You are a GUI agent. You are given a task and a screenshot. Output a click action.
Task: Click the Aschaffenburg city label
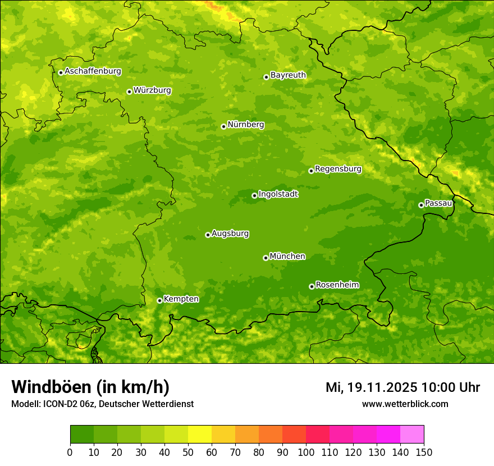[x=93, y=71]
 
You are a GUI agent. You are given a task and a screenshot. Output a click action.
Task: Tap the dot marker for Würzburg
[x=129, y=92]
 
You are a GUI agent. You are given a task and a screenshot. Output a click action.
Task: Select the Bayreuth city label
[x=288, y=75]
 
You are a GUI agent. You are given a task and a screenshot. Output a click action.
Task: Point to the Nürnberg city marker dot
[x=223, y=126]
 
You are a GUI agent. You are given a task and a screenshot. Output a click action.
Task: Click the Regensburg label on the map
[x=338, y=169]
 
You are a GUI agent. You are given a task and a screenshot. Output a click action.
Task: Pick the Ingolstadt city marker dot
[x=254, y=195]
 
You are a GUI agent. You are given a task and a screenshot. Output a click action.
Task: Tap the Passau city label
[x=438, y=203]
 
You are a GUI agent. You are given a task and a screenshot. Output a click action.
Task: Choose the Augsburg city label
[x=230, y=234]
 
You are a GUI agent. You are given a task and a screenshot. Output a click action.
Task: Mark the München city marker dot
[x=266, y=258]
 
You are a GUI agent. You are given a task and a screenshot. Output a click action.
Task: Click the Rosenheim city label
[x=337, y=285]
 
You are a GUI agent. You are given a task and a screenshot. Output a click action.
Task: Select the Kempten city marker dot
[x=159, y=300]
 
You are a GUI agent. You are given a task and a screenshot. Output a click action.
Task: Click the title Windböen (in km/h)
[x=90, y=387]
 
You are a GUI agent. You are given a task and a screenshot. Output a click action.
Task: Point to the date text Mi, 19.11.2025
[x=371, y=387]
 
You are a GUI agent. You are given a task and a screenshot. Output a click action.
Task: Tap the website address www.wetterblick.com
[x=405, y=404]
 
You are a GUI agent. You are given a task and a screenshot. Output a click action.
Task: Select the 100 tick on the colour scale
[x=306, y=453]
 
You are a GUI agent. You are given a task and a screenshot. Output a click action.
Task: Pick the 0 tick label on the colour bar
[x=70, y=453]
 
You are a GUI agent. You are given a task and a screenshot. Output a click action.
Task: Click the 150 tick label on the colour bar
[x=424, y=453]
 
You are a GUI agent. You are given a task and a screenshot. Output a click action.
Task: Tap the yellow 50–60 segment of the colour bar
[x=200, y=434]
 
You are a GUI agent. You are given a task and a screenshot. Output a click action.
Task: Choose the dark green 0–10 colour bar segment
[x=82, y=434]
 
